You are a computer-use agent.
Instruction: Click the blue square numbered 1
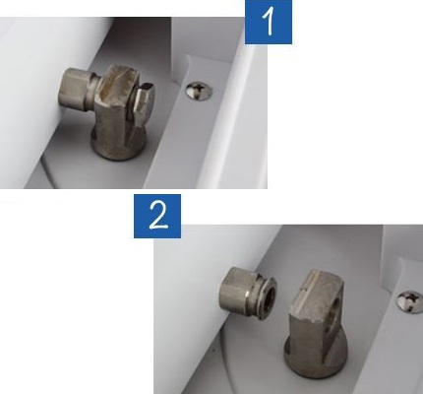click(269, 22)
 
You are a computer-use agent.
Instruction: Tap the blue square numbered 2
click(157, 216)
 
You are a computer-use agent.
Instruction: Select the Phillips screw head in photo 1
click(199, 91)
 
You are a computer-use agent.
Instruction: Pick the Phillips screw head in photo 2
click(410, 302)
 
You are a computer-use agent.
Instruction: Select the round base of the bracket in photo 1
click(118, 148)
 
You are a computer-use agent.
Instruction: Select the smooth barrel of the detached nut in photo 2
click(235, 292)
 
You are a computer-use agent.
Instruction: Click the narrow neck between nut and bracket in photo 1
click(94, 93)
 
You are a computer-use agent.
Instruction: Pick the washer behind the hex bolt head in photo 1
click(132, 101)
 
